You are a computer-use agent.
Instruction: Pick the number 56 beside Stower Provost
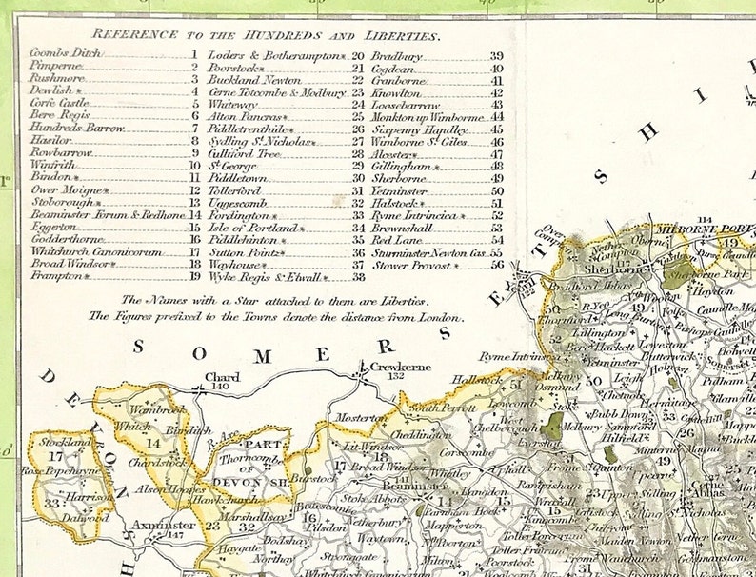pos(496,266)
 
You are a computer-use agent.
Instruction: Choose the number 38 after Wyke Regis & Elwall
pos(358,278)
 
